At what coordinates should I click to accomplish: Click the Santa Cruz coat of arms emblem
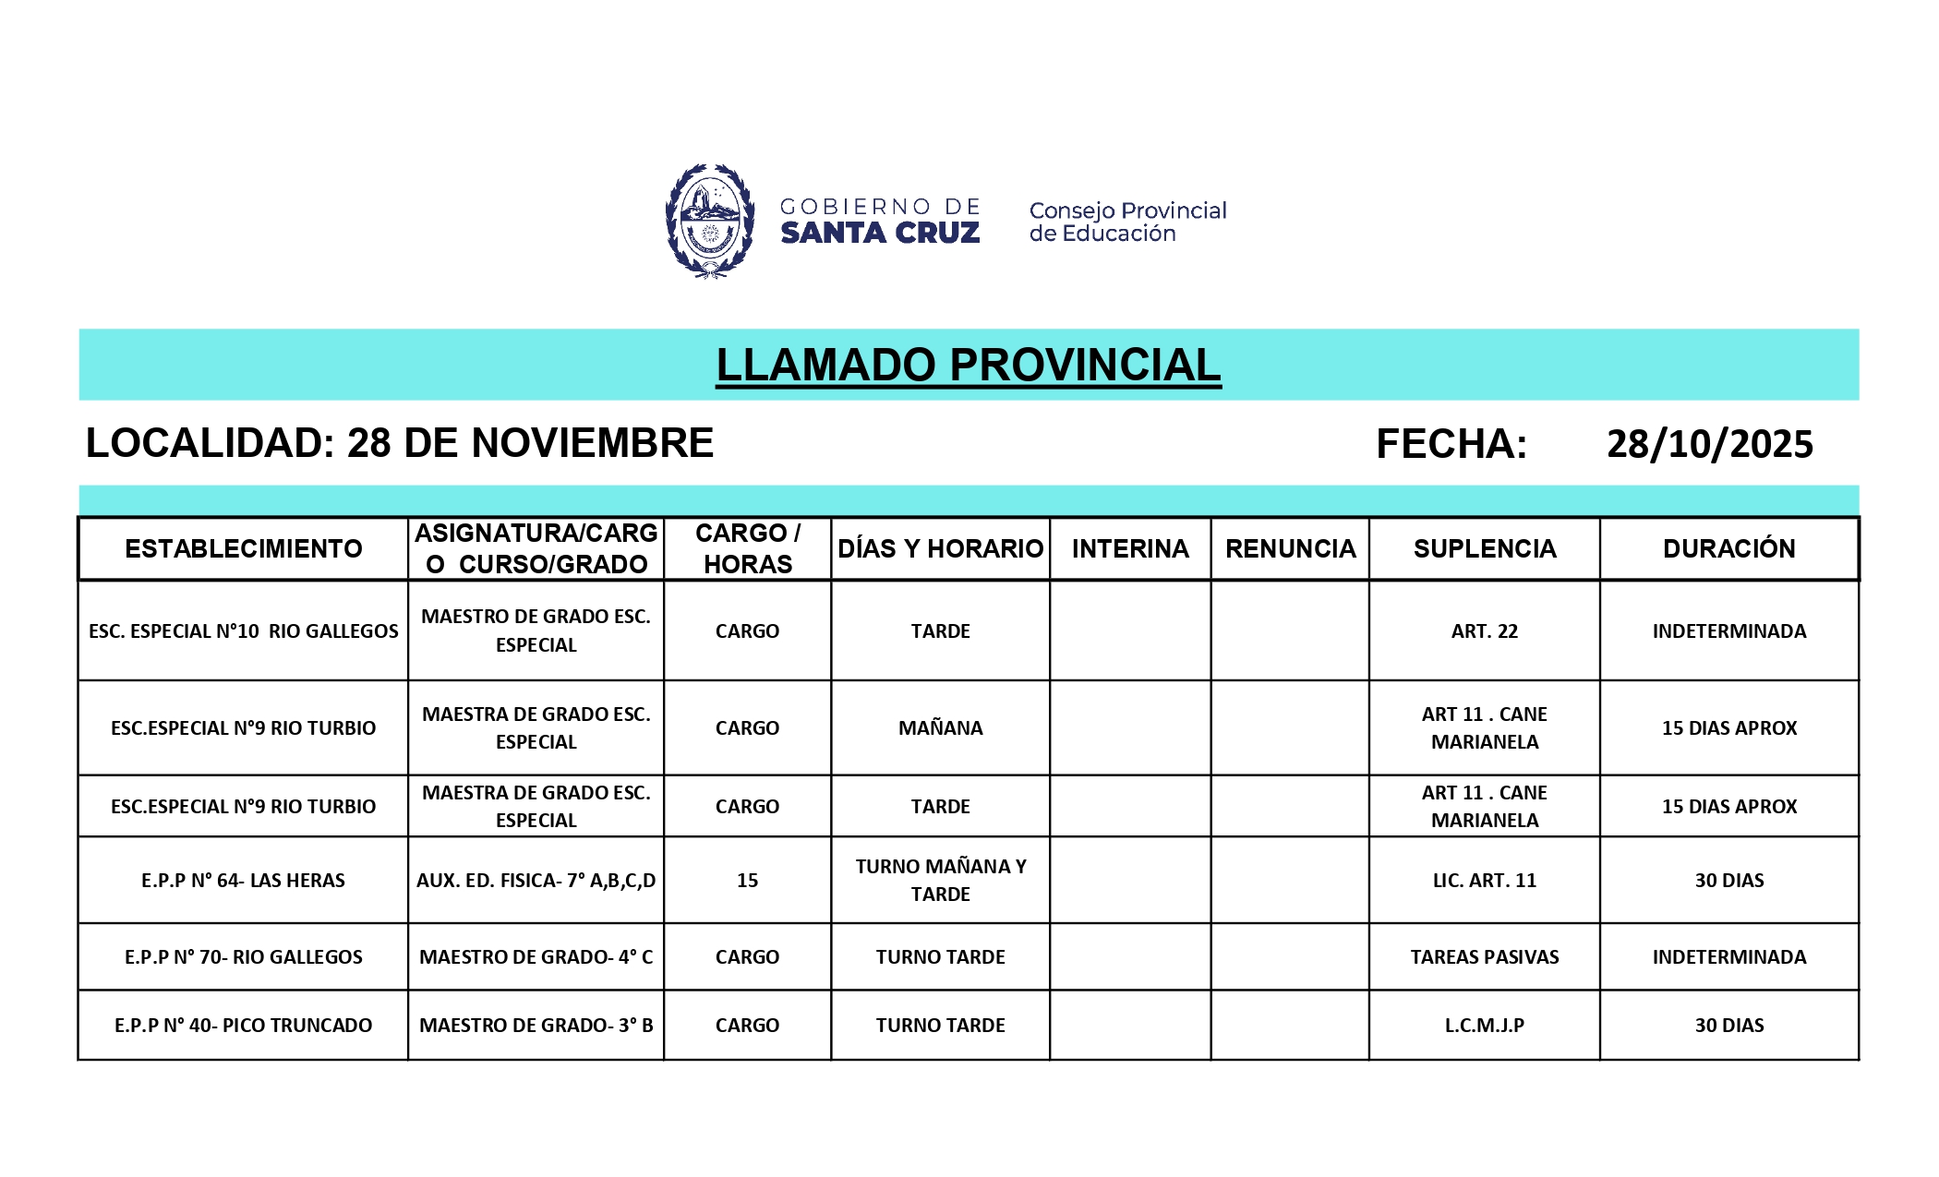coord(709,221)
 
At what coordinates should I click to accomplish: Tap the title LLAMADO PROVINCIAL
coord(968,365)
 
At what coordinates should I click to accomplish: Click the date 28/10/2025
coord(1709,444)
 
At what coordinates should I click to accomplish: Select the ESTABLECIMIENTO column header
coord(244,548)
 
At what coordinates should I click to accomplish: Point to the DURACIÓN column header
coord(1728,548)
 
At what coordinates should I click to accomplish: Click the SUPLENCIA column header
coord(1484,548)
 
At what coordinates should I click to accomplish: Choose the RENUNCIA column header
coord(1290,548)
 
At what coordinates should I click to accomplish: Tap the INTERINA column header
coord(1130,548)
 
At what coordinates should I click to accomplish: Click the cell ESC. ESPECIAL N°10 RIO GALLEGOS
coord(244,631)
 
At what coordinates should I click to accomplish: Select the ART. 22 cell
coord(1484,631)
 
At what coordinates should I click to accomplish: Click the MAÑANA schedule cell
coord(940,728)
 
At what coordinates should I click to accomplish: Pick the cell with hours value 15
coord(747,881)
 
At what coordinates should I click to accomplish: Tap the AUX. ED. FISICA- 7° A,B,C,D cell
coord(536,881)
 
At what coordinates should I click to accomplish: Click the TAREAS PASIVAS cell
coord(1484,957)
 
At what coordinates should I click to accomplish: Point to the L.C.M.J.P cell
coord(1484,1026)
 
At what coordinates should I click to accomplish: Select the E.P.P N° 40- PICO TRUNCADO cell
coord(244,1026)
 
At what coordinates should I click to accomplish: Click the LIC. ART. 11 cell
coord(1484,881)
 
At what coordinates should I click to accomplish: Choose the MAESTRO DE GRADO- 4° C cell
coord(536,957)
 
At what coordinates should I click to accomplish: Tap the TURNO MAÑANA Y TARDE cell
coord(940,881)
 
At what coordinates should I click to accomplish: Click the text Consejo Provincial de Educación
coord(1127,222)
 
